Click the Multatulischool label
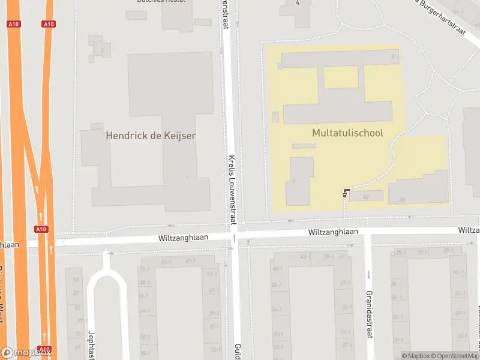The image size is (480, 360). [347, 133]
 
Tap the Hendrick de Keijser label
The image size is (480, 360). [151, 136]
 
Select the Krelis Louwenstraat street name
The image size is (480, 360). [232, 189]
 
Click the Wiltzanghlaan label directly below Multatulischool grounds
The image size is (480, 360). [333, 232]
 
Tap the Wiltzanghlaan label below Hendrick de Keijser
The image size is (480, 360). [183, 237]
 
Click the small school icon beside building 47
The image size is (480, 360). [346, 193]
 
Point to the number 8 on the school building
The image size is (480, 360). [393, 57]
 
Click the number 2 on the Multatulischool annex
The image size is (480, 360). [294, 181]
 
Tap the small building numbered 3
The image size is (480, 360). [102, 51]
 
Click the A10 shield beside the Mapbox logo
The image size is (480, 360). [44, 349]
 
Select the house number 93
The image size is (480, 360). [76, 280]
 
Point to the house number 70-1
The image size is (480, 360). [145, 269]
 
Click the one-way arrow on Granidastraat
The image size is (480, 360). [368, 274]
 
